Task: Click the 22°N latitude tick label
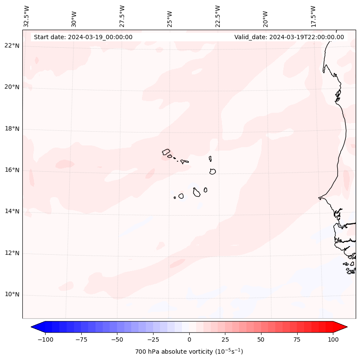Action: [x=12, y=46]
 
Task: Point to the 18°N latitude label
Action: [x=12, y=129]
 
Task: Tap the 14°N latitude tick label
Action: [x=12, y=211]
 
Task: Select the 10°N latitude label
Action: [x=12, y=295]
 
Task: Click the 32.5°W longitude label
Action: [x=27, y=16]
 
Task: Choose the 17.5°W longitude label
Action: [x=313, y=16]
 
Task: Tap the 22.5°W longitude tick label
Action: [x=218, y=16]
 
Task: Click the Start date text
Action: [x=83, y=37]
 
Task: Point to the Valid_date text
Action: [x=289, y=37]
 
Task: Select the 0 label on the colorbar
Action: [x=189, y=339]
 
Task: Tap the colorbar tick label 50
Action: [x=261, y=339]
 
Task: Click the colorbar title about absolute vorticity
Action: [x=189, y=352]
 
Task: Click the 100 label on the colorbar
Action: [x=332, y=339]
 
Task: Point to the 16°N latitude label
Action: [x=12, y=170]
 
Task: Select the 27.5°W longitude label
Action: [x=122, y=16]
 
